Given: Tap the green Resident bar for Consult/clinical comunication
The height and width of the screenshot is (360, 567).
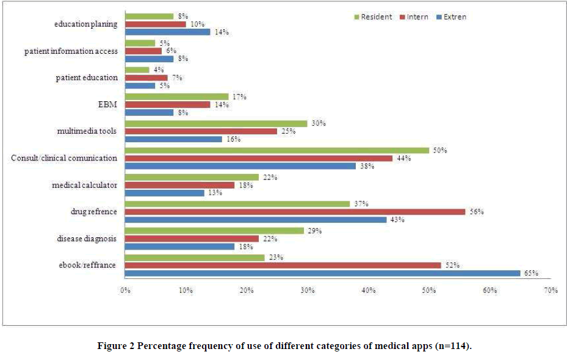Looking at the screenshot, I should tap(277, 150).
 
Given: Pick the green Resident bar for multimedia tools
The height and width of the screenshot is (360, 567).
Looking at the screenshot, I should tap(216, 123).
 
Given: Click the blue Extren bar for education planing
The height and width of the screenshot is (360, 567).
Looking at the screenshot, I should tap(167, 32).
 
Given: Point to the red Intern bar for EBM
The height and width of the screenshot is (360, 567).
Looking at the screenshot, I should tap(167, 104).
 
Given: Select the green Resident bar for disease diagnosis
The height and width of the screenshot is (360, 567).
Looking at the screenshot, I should tap(214, 231).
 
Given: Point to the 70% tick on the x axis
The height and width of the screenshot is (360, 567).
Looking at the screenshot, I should tap(551, 290).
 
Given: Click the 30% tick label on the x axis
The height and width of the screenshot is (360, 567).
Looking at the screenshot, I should tap(307, 290).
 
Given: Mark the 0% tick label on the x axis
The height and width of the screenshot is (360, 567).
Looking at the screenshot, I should tap(125, 290).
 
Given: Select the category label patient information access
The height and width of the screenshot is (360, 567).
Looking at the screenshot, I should tap(71, 51).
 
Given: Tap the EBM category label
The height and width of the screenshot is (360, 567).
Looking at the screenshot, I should tap(107, 104).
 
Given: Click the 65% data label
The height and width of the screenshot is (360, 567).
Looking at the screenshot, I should tap(530, 273).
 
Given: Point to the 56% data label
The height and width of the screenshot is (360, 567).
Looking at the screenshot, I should tap(475, 211).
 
